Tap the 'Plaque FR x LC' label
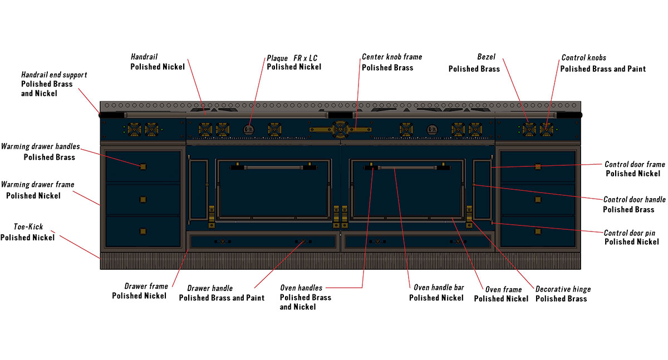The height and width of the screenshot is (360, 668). pos(292,58)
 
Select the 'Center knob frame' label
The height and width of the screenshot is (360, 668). pos(392,57)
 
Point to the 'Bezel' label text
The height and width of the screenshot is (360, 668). pos(486,57)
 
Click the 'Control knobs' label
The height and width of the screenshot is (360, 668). pos(583,57)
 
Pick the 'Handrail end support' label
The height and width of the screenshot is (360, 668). pos(54,75)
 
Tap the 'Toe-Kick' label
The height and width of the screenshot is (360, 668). pos(28,227)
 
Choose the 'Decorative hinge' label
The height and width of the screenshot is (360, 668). pos(563,289)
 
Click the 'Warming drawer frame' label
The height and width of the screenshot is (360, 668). pos(37,185)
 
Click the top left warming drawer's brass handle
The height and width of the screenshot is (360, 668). pos(143,166)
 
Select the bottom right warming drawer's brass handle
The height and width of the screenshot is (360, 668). pos(537,231)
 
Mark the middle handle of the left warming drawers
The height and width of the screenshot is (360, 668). pos(143,199)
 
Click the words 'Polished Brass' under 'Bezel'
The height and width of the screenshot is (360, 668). pos(474,68)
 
